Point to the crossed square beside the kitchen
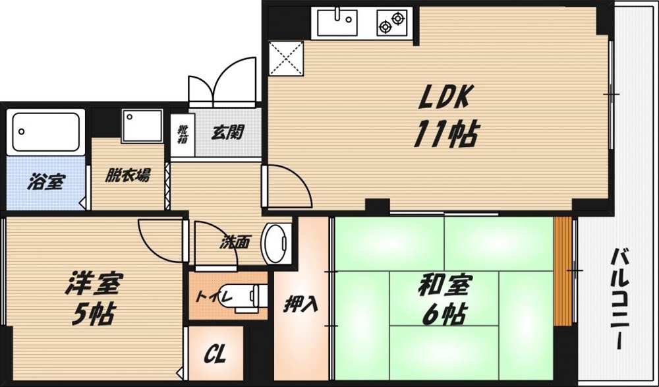[286, 57]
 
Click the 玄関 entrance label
[227, 132]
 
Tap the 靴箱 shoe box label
[180, 135]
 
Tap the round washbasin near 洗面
[276, 243]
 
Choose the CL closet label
[215, 357]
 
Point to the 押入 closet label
[301, 305]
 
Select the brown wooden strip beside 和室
[562, 271]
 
